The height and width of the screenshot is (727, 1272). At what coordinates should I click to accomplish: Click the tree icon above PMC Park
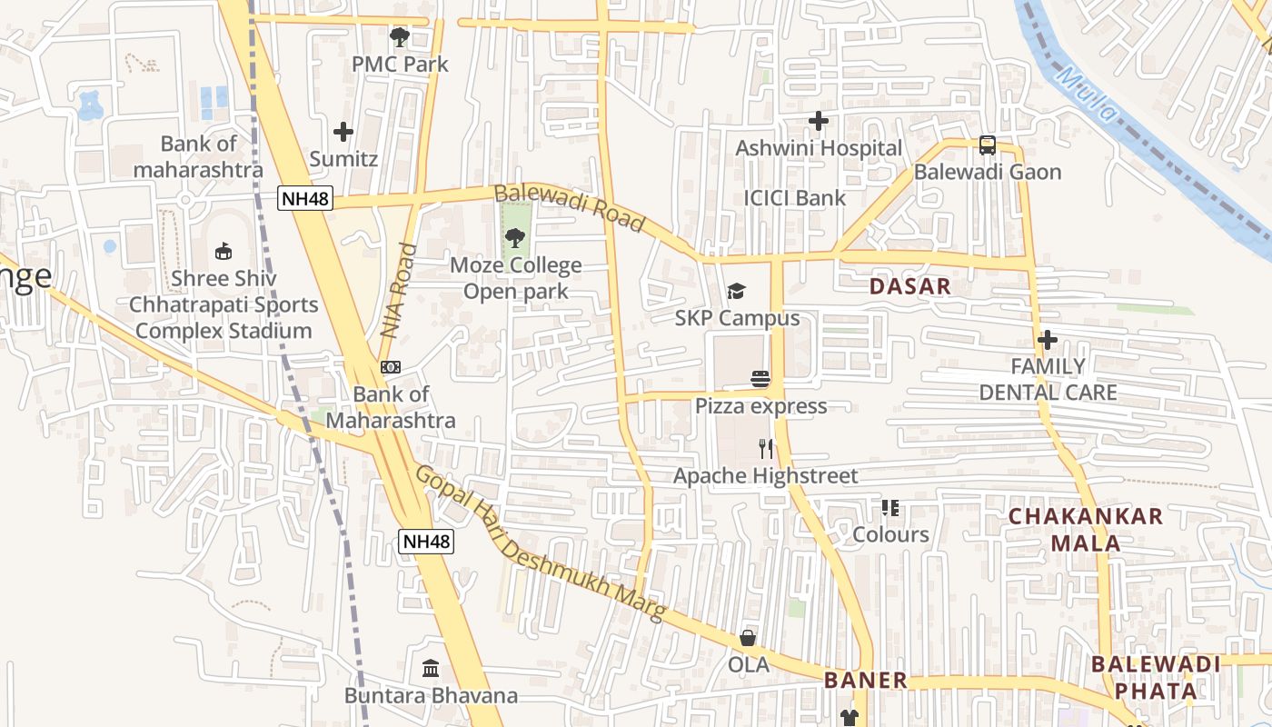tap(399, 37)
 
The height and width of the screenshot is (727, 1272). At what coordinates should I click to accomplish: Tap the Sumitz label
tap(343, 159)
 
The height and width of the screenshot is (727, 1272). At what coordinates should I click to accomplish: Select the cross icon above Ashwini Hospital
tap(819, 120)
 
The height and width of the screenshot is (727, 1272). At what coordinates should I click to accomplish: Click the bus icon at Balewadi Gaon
tap(987, 144)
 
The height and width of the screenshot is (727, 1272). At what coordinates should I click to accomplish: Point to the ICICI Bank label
tap(794, 198)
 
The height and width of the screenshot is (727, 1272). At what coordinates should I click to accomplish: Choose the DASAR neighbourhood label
tap(909, 287)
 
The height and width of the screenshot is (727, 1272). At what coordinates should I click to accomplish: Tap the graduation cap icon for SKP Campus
tap(736, 292)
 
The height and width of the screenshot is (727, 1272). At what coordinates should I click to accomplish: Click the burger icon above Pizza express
tap(760, 379)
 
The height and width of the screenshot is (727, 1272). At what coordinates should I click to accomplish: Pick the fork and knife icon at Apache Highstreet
tap(766, 448)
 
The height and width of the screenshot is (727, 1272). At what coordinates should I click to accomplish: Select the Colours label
tap(890, 534)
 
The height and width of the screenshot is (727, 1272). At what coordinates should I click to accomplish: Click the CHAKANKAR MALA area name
tap(1086, 530)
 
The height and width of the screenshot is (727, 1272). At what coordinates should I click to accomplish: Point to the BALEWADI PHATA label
tap(1156, 677)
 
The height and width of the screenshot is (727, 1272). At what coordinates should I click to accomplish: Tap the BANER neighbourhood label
tap(866, 680)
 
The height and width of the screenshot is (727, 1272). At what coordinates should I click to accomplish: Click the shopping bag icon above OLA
tap(748, 638)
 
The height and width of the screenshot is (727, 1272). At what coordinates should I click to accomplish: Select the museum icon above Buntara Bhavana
tap(431, 669)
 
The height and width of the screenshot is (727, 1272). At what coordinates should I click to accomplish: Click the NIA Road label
tap(397, 291)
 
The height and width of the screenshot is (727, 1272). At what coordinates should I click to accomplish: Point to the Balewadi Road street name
tap(569, 208)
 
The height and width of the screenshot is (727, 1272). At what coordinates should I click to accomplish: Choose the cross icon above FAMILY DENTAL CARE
tap(1048, 340)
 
